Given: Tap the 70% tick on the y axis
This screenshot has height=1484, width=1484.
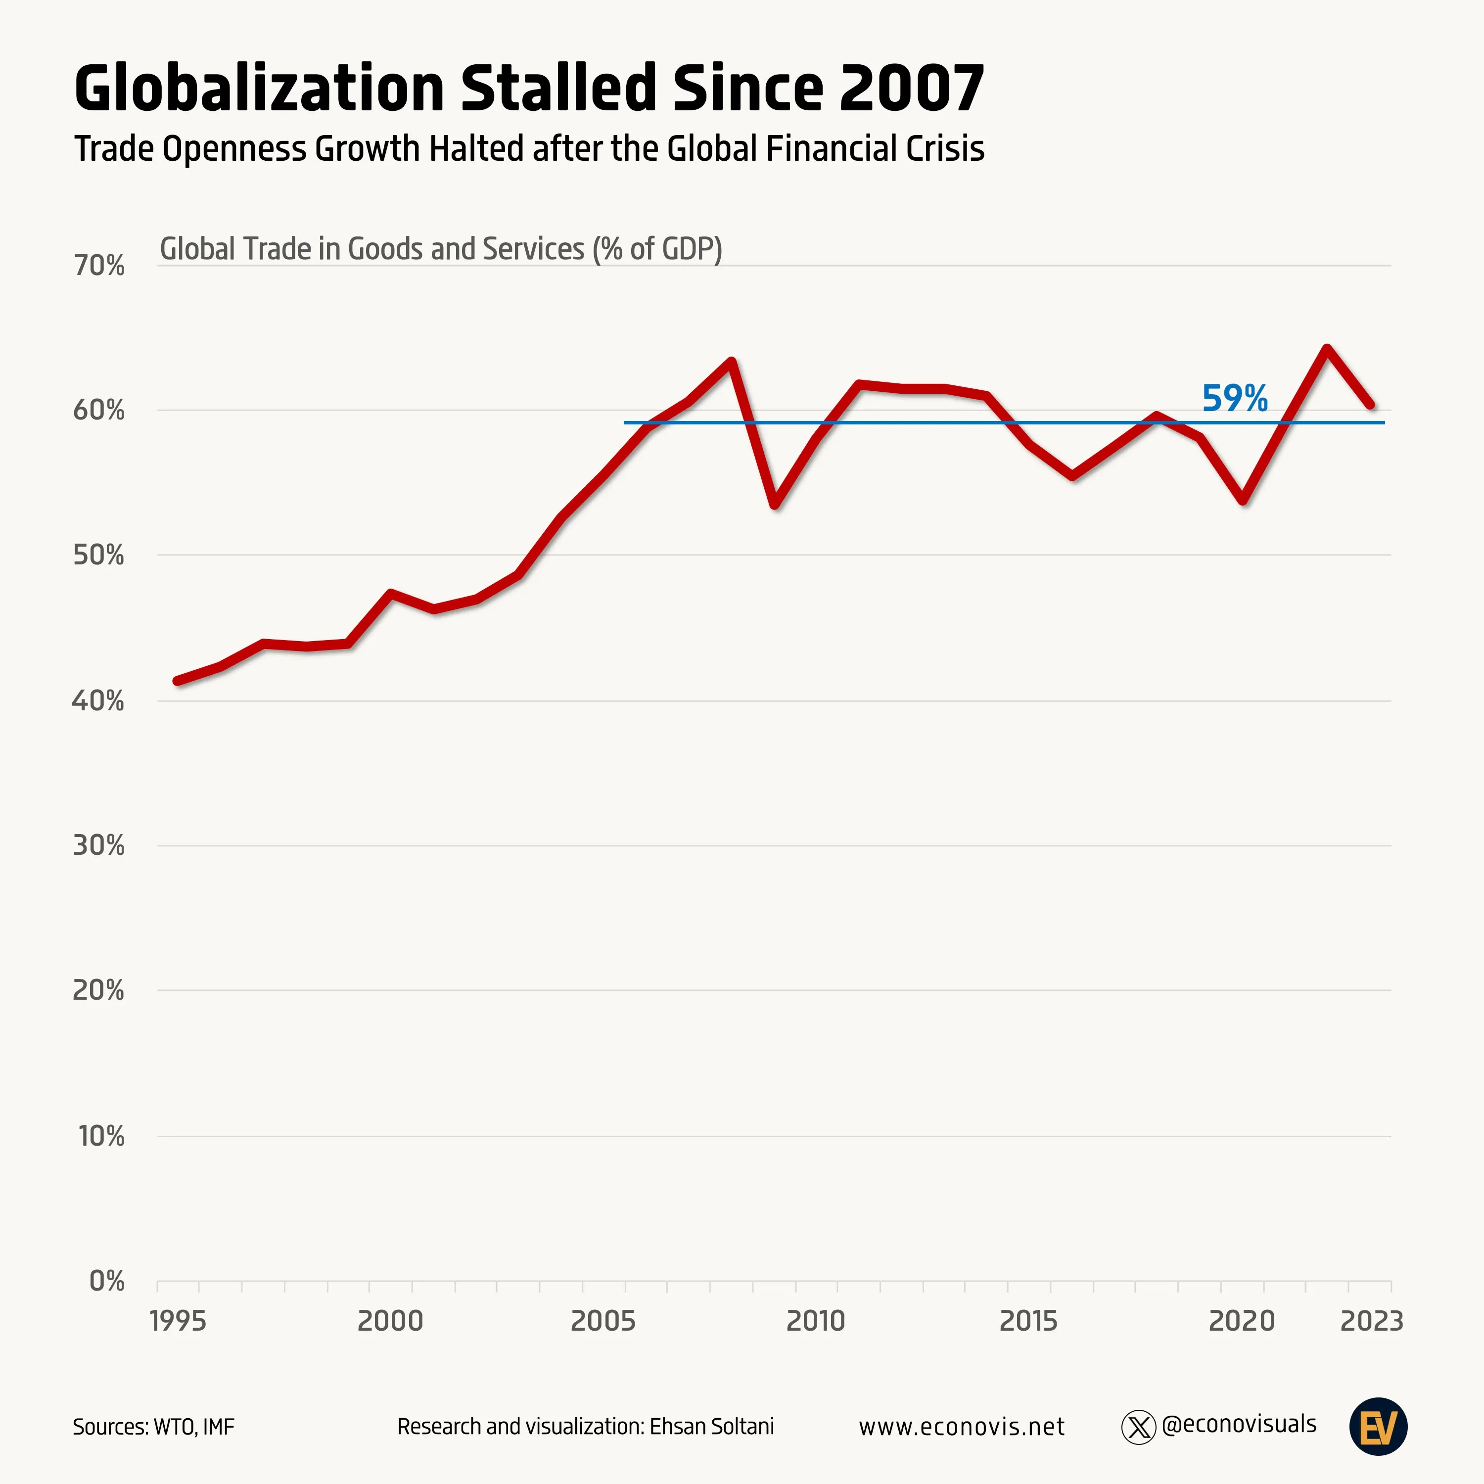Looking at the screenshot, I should click(x=99, y=266).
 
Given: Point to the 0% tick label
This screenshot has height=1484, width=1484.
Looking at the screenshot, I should click(x=107, y=1281).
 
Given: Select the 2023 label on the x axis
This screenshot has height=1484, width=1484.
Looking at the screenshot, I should click(x=1371, y=1321).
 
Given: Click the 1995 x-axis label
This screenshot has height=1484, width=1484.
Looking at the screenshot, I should click(x=178, y=1321).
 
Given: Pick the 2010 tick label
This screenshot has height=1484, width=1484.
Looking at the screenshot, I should click(x=815, y=1321).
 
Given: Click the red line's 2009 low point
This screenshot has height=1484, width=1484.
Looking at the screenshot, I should click(x=774, y=505).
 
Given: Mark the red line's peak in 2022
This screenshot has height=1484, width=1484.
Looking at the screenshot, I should click(x=1327, y=349).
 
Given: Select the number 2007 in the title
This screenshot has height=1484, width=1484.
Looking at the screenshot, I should click(x=911, y=88).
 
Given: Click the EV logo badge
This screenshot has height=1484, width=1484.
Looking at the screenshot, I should click(x=1378, y=1427).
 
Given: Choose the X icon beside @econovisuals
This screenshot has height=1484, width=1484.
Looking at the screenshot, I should click(x=1138, y=1427).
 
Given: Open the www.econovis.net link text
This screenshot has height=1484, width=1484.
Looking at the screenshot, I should click(x=961, y=1427).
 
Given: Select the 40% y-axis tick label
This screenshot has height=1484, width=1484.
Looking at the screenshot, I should click(x=99, y=700).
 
